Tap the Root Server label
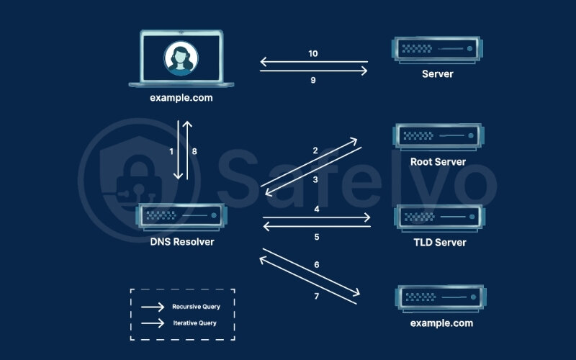(438, 162)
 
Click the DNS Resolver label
(181, 242)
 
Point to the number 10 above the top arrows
(313, 53)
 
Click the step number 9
(313, 81)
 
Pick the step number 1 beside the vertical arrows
(171, 152)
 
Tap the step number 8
(194, 152)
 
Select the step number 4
(316, 210)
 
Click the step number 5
(316, 237)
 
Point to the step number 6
(316, 265)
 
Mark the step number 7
(316, 296)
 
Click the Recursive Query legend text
(196, 307)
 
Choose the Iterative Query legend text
(194, 324)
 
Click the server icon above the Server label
(437, 49)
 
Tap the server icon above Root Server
(437, 135)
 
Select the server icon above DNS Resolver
(181, 215)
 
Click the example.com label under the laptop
(181, 97)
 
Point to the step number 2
(315, 151)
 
